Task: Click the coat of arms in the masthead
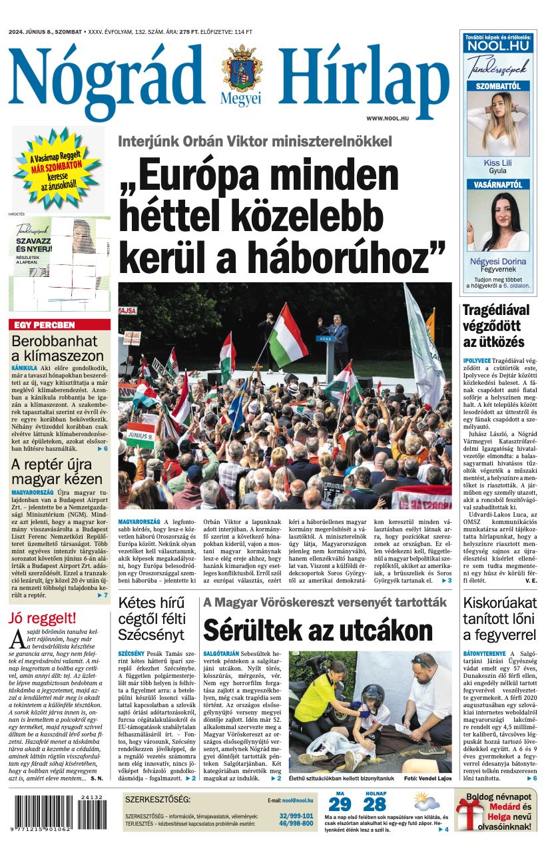[242, 68]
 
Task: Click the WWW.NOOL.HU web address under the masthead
[386, 118]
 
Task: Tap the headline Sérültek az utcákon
[318, 629]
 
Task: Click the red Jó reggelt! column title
[42, 618]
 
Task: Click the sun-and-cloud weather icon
[426, 801]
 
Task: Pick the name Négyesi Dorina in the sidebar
[497, 261]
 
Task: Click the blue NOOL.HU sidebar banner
[497, 45]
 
